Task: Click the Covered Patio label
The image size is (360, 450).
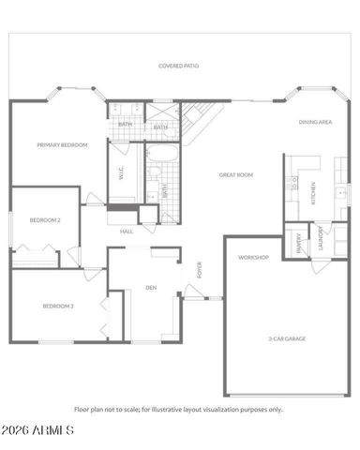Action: point(178,67)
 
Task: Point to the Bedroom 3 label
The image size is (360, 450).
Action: point(58,306)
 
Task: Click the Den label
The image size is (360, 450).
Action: point(150,288)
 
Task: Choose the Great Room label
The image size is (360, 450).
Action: point(236,174)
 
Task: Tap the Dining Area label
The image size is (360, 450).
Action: point(316,122)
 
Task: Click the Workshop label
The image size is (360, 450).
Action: point(254,257)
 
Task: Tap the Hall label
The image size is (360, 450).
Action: point(126,231)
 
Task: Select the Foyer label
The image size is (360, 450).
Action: point(198,270)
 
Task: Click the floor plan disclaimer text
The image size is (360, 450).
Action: point(178,409)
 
